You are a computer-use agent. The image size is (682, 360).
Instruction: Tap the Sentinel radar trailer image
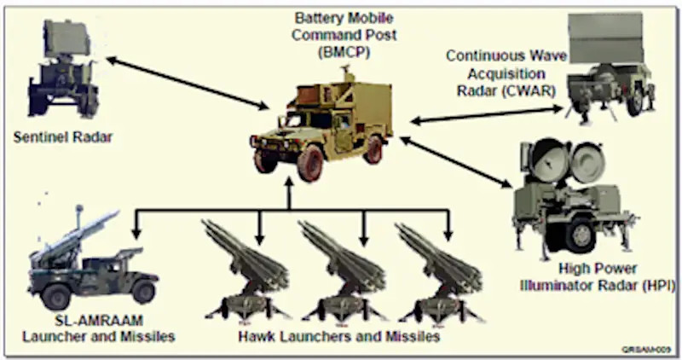point(65,73)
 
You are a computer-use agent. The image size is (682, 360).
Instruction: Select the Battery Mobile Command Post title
point(339,25)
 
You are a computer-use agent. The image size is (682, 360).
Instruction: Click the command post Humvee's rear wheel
point(373,150)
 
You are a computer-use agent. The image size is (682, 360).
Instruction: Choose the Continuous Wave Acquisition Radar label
point(501,73)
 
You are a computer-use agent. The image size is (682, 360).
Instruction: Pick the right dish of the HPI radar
point(587,165)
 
